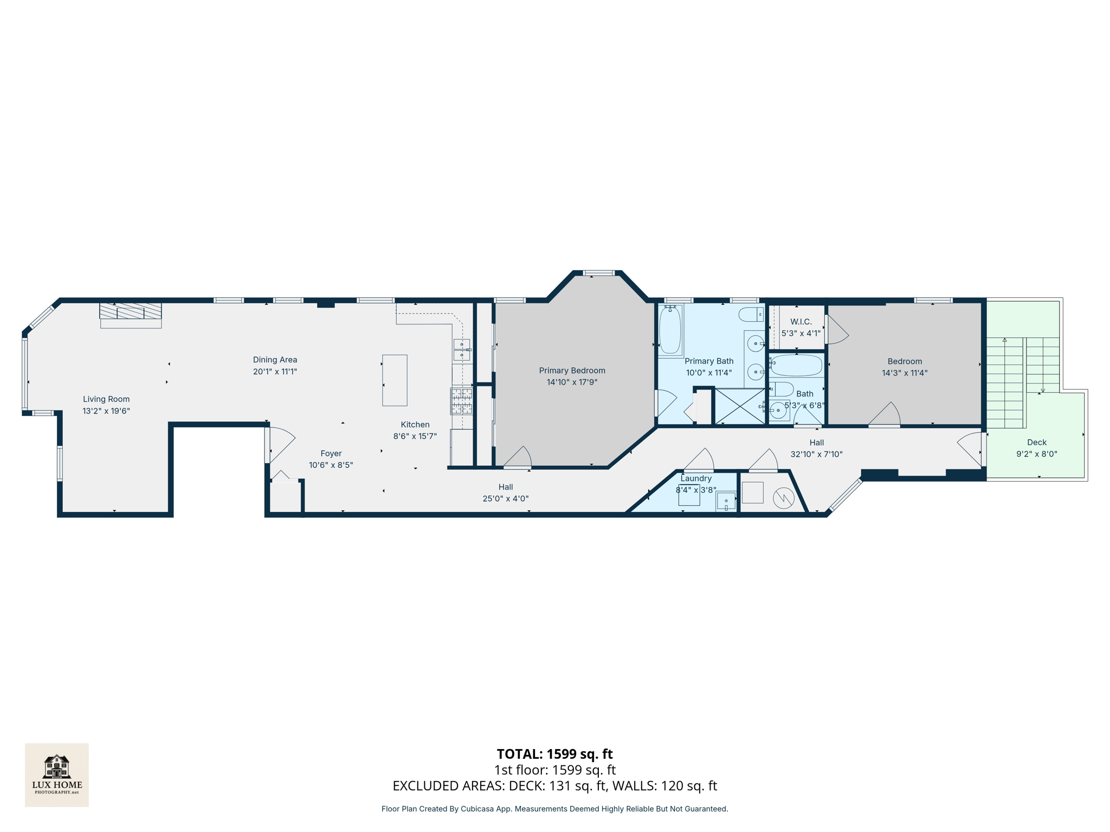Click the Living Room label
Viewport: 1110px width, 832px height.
(106, 399)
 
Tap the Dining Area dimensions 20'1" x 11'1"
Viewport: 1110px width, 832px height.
(275, 372)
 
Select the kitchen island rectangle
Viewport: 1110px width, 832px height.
(395, 380)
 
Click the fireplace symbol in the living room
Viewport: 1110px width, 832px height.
(131, 311)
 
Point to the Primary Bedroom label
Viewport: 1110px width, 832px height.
(572, 370)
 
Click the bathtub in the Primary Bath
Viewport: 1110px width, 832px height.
(670, 330)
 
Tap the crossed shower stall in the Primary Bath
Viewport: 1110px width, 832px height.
(740, 406)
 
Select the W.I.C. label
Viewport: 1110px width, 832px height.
(801, 322)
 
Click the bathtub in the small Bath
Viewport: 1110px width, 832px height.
(796, 366)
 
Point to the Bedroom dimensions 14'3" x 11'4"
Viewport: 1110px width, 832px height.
(905, 373)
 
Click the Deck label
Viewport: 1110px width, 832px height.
(1036, 443)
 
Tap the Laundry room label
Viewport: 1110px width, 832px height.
(696, 478)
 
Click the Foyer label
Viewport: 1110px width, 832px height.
(331, 453)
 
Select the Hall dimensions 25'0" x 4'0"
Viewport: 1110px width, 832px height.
(505, 499)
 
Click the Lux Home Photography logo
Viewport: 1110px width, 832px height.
(57, 775)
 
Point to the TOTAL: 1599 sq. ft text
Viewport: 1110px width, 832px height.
(554, 754)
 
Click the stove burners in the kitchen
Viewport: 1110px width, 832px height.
(462, 401)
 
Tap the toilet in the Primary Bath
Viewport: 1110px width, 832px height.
(751, 314)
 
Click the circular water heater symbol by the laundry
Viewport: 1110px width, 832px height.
(783, 498)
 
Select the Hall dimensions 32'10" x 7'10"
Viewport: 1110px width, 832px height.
(816, 454)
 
